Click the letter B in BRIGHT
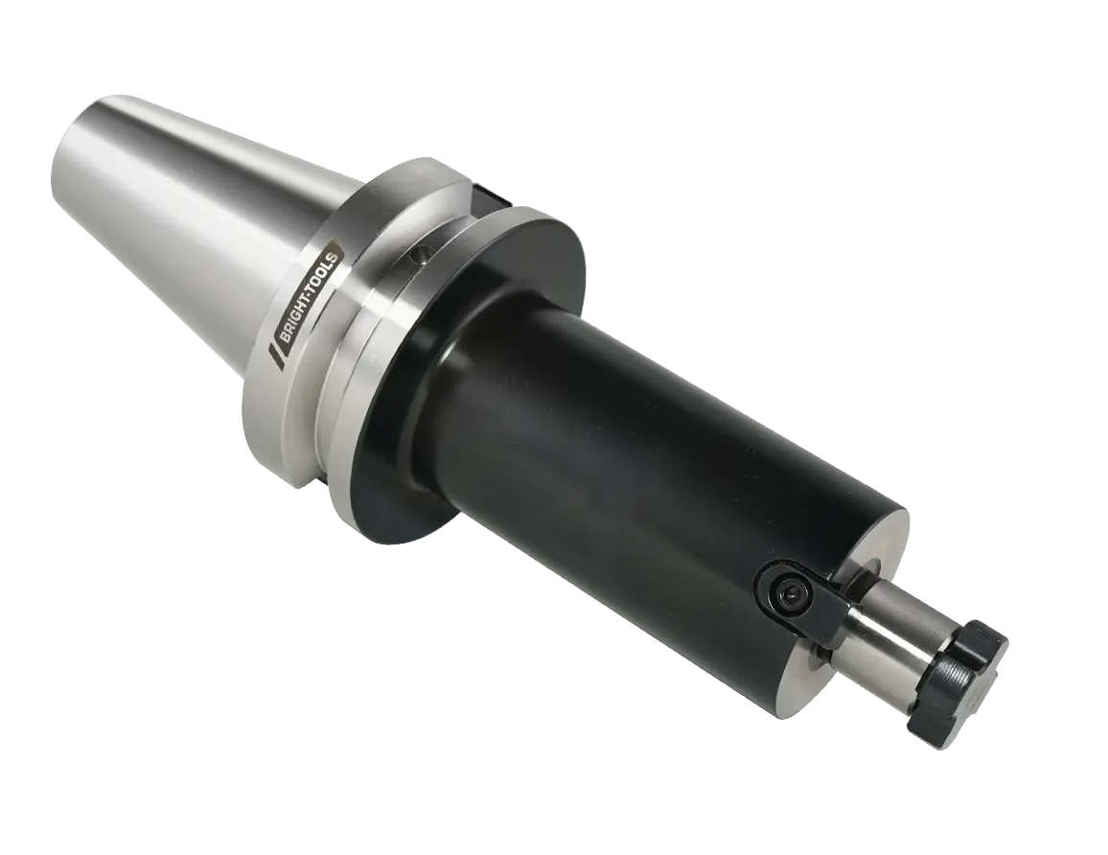point(284,335)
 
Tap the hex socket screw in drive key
point(792,597)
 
